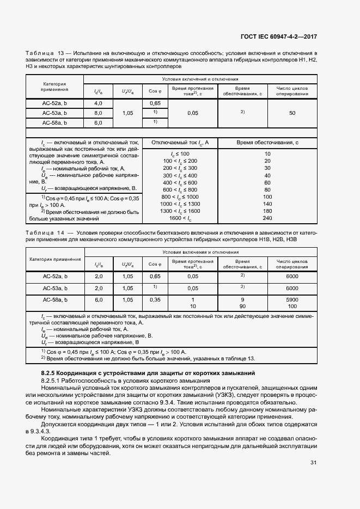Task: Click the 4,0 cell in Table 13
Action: point(99,103)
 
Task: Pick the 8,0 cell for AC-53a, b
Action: point(99,113)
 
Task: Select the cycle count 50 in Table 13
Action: point(292,113)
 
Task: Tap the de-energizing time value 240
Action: point(267,218)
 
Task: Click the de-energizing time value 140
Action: point(267,204)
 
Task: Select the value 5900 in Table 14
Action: point(292,300)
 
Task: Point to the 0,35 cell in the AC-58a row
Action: point(155,300)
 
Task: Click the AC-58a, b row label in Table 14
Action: point(54,300)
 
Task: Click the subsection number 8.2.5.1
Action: point(52,381)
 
